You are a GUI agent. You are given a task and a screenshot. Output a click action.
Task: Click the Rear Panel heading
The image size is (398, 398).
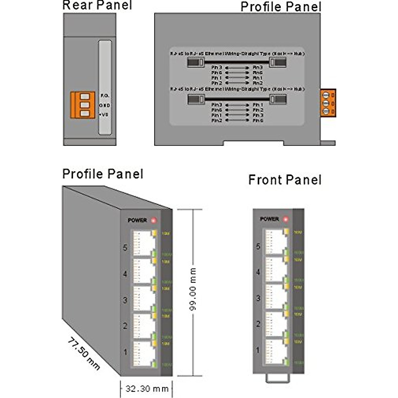click(x=97, y=5)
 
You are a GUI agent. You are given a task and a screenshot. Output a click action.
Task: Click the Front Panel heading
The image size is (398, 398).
click(x=285, y=180)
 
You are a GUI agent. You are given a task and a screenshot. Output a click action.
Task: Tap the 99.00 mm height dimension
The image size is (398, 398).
click(x=193, y=290)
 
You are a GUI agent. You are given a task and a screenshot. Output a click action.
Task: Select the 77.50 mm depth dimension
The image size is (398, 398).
click(x=84, y=354)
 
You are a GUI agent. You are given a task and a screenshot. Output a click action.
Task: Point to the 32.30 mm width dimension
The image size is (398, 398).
click(x=147, y=389)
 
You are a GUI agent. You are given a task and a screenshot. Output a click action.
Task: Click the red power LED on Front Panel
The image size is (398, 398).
click(x=286, y=219)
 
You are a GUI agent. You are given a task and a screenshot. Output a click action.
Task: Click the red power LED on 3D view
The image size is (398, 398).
click(x=153, y=220)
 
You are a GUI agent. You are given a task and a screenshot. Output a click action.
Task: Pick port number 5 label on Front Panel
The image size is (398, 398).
click(x=258, y=246)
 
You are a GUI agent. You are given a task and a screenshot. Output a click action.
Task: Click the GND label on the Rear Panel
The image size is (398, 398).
click(x=104, y=105)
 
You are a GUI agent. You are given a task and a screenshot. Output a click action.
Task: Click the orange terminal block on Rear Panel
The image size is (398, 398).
click(x=83, y=105)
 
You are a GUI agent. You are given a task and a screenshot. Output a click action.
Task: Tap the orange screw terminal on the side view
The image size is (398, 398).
click(x=328, y=103)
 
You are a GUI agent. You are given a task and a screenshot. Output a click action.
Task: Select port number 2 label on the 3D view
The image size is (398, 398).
click(x=125, y=326)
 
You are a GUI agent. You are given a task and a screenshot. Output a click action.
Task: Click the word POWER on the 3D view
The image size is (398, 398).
click(x=137, y=220)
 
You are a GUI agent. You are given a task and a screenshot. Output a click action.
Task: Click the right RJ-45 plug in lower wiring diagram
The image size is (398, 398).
click(x=278, y=99)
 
